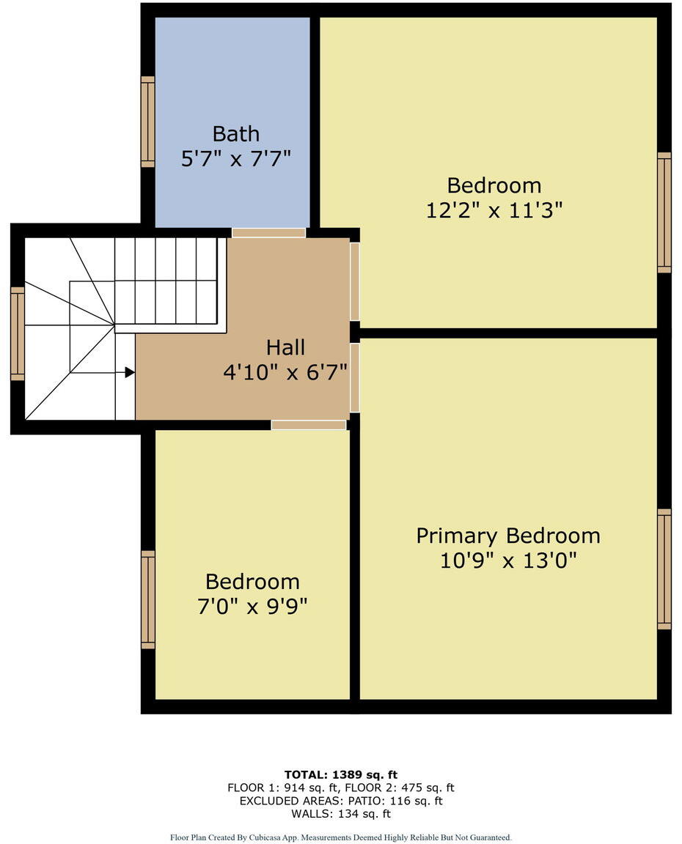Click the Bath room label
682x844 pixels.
235,134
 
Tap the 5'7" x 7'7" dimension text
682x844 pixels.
235,159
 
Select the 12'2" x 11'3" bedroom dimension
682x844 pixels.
494,210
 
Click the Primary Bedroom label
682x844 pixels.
507,536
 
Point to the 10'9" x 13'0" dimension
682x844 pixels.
507,560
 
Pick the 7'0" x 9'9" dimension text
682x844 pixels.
252,607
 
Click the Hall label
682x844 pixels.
285,347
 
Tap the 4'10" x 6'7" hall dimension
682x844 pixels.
285,372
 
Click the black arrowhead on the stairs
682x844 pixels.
129,372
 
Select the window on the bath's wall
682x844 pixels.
148,122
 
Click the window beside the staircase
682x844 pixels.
18,333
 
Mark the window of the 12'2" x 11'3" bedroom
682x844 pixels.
664,212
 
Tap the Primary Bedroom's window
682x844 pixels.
664,569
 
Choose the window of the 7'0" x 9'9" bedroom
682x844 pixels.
148,599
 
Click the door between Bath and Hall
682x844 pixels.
268,233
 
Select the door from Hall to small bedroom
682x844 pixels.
308,425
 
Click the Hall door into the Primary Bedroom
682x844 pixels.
355,378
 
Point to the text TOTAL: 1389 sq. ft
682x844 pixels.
340,774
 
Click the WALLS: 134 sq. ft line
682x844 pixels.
340,814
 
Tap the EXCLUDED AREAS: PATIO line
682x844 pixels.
340,801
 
